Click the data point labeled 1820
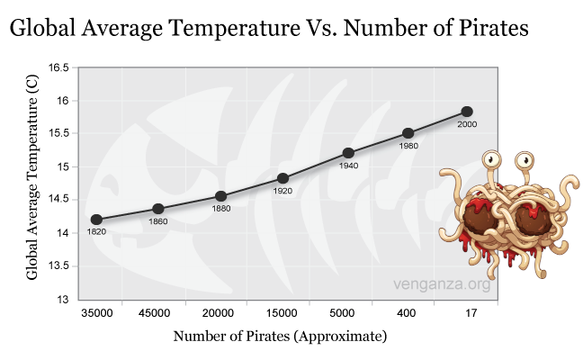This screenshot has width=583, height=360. pos(96,219)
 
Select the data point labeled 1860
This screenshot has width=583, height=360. pos(158,209)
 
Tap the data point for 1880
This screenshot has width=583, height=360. pos(220,196)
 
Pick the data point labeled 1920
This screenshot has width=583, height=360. pos(283,178)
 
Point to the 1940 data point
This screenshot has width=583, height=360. pos(348,153)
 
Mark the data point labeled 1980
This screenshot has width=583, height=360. pos(408,133)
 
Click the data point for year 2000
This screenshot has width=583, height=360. pos(467,112)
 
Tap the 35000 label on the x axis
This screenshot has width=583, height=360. pos(96,313)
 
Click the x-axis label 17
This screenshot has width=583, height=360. pos(467,313)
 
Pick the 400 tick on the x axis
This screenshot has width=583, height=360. pos(406,313)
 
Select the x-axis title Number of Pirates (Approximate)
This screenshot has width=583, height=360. pos(280,337)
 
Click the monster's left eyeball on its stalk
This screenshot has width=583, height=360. pos(491,161)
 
